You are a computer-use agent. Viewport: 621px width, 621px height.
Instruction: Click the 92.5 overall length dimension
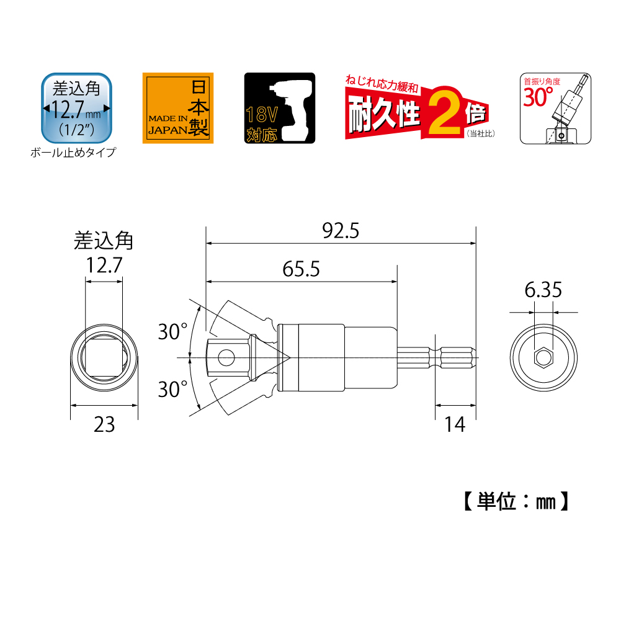(x=341, y=231)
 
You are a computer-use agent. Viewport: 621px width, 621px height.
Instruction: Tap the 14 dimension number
(x=455, y=425)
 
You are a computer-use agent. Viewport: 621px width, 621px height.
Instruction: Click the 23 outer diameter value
(x=104, y=425)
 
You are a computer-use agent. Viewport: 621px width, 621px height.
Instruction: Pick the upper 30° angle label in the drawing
(x=172, y=331)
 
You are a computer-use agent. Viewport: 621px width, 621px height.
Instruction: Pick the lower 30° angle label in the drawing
(x=172, y=390)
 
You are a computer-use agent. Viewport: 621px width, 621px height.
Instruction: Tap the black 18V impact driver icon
(x=279, y=109)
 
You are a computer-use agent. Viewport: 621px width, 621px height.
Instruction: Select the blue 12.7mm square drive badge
(x=76, y=108)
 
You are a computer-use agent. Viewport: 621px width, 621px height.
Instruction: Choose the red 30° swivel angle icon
(x=555, y=109)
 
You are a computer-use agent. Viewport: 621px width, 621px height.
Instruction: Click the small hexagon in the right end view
(x=543, y=357)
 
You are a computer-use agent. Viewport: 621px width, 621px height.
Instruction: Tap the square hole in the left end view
(x=104, y=358)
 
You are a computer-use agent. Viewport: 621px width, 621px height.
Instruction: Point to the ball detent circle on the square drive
(x=226, y=357)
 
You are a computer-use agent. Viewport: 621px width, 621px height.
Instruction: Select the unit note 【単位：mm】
(x=516, y=501)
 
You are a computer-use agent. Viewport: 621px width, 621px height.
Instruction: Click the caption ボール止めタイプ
(x=73, y=153)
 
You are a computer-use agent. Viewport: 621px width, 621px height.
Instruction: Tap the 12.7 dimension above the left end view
(x=104, y=266)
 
